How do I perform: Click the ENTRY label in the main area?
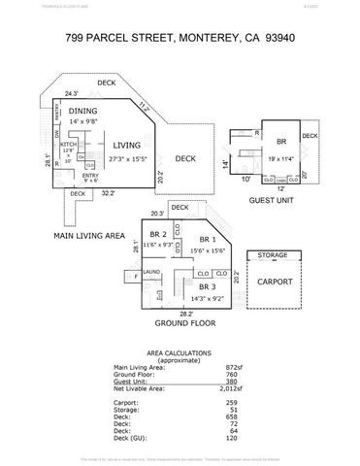tap(90, 174)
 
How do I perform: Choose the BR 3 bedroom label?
tap(205, 287)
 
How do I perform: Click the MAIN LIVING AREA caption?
tap(89, 234)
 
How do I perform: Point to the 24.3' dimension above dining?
tap(71, 94)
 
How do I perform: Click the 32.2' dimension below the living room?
tap(110, 193)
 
